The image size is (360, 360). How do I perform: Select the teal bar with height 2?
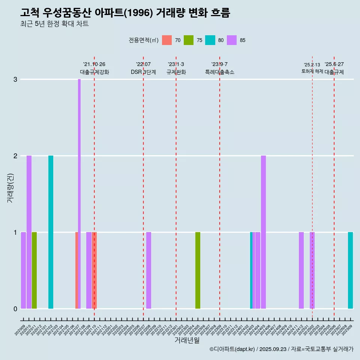51,232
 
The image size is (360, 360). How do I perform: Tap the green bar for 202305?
198,270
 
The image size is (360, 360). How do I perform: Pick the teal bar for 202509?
350,270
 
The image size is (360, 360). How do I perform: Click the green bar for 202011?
34,270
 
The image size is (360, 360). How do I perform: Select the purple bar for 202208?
148,270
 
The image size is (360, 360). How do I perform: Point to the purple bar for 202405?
263,232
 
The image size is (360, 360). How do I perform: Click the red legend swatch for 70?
167,40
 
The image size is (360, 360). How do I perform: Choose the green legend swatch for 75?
189,40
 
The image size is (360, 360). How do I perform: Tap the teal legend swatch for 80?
210,40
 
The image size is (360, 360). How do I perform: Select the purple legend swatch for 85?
232,40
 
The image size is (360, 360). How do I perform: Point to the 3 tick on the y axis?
15,79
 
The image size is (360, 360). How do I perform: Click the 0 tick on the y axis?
15,309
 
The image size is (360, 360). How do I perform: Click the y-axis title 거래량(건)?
10,187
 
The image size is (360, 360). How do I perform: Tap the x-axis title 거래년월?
187,340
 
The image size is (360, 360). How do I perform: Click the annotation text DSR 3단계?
143,72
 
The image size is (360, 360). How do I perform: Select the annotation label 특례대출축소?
220,72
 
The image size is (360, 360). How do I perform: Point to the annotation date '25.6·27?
334,64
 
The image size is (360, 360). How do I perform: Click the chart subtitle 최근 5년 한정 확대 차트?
54,24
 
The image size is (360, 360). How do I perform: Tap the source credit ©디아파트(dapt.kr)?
232,349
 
